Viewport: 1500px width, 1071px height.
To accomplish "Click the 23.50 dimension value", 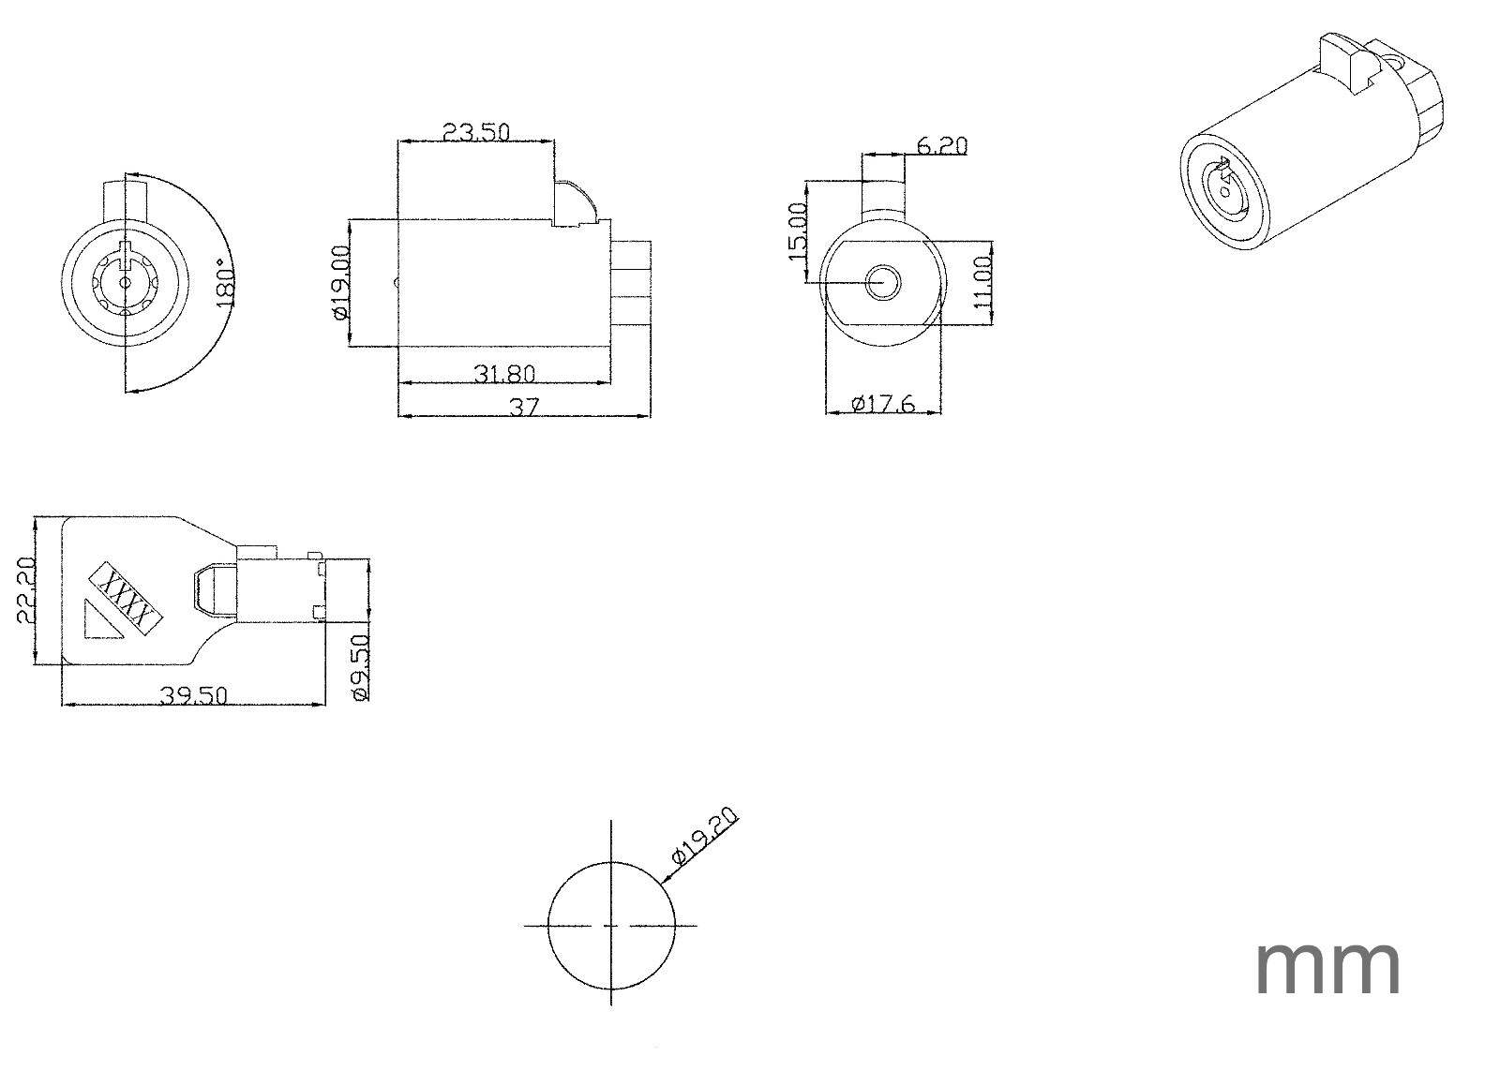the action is (x=476, y=132).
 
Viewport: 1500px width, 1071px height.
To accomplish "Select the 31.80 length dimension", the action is (x=505, y=374).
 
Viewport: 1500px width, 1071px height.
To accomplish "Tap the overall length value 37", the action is (x=524, y=407).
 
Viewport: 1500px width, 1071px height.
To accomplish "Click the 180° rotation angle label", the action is (x=226, y=282).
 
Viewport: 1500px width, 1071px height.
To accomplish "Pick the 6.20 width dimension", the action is (x=941, y=145).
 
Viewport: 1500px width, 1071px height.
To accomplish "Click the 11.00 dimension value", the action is (x=982, y=282).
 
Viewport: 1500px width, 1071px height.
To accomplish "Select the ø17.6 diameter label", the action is (x=882, y=404).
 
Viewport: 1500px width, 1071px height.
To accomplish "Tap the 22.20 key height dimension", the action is (x=26, y=589).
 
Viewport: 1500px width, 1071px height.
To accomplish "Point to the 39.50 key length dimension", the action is (x=193, y=695).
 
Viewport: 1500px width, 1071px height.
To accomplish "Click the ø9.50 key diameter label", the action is (x=360, y=667).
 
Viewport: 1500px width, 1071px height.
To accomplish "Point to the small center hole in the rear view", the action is (x=883, y=282).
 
